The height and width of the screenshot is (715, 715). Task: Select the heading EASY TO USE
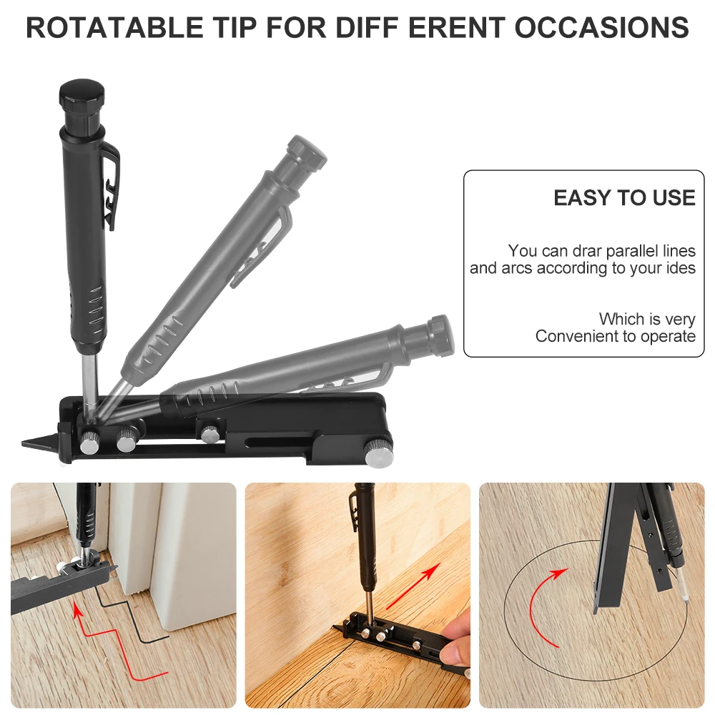(x=624, y=198)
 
